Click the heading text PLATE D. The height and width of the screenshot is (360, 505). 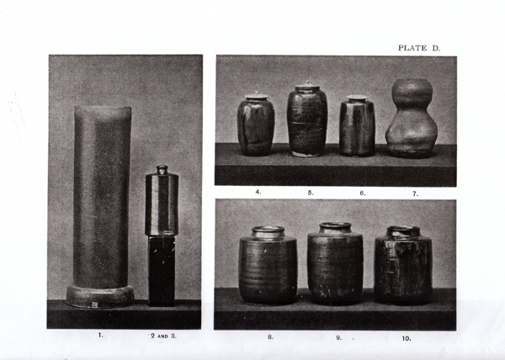[418, 48]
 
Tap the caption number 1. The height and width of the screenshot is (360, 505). [100, 336]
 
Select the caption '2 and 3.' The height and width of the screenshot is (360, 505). [163, 336]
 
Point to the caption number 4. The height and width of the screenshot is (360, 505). [258, 192]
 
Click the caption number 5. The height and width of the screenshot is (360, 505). [310, 193]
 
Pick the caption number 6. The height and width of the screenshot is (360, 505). [363, 193]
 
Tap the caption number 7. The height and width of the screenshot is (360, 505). [415, 193]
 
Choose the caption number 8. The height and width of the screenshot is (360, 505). [270, 337]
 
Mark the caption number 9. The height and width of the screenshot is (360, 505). [338, 338]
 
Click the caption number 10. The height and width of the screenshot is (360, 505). [407, 338]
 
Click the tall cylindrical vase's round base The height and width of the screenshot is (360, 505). [100, 296]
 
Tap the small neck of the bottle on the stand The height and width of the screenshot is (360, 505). [162, 170]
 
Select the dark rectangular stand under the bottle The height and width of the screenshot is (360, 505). [162, 271]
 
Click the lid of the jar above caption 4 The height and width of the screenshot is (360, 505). [257, 96]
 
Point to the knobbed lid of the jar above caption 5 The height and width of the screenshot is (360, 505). [307, 87]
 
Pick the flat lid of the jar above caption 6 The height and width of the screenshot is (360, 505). [357, 98]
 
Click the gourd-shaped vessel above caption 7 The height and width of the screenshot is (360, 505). [412, 118]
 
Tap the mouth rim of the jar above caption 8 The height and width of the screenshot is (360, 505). [268, 230]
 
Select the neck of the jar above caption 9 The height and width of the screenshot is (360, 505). [335, 229]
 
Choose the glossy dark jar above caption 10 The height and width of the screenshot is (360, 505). [403, 266]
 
